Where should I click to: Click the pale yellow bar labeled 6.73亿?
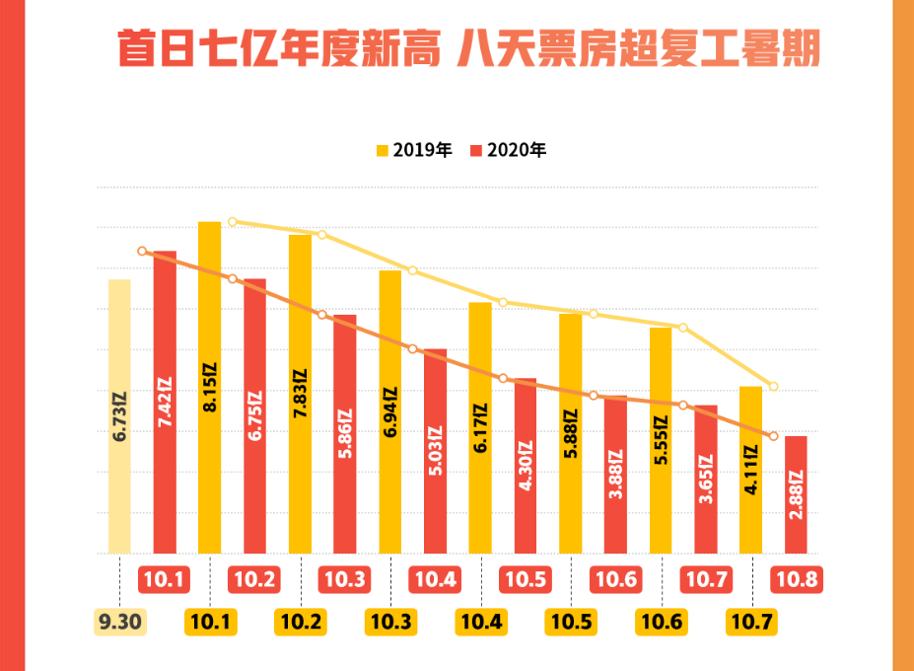119,415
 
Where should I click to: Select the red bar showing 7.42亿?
165,402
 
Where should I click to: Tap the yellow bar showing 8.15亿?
209,387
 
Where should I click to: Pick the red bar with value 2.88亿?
796,493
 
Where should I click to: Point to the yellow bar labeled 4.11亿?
750,469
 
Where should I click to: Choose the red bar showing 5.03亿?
435,450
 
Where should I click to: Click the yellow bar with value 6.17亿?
480,427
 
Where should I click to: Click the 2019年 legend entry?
414,151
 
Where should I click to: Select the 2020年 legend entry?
509,151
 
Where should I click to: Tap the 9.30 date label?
120,623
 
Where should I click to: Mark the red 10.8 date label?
796,579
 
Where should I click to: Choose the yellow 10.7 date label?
751,623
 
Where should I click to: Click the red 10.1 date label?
165,579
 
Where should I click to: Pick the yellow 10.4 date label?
480,623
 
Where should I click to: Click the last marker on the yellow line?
774,386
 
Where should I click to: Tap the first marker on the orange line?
142,252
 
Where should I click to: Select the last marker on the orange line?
774,436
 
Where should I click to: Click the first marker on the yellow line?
233,222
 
